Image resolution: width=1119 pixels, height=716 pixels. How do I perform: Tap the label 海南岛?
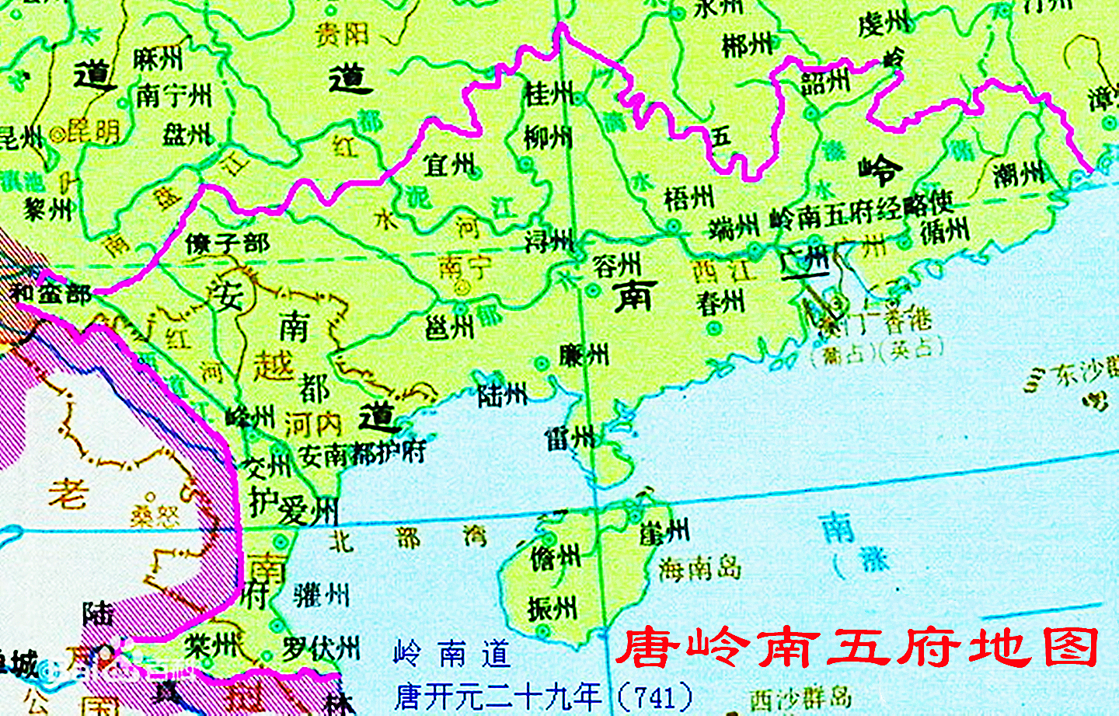(699, 569)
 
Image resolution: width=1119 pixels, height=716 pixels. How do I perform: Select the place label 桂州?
(549, 94)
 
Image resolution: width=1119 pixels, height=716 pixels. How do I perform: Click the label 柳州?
(548, 138)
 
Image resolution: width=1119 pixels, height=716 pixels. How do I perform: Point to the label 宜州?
(448, 165)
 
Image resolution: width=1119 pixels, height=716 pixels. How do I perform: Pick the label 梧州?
(688, 198)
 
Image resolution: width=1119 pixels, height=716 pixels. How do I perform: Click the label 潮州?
(1019, 174)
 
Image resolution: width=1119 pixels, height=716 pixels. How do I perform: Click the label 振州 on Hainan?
(552, 608)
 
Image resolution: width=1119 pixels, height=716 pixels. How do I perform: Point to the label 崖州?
(664, 532)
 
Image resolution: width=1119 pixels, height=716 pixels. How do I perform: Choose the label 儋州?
(555, 557)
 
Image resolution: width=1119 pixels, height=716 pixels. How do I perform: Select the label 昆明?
(93, 132)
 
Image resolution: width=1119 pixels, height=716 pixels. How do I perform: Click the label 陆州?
(502, 396)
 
